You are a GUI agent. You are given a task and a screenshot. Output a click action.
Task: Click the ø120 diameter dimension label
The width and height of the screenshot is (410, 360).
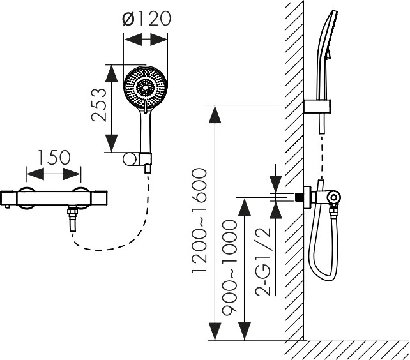coord(147,19)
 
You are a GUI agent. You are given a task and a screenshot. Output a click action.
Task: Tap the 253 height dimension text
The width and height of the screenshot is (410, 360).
coord(100,105)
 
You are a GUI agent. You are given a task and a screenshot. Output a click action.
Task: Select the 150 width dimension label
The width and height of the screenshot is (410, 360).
coord(54,158)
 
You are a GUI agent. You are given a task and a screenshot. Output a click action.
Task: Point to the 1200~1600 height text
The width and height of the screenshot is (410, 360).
coord(199,221)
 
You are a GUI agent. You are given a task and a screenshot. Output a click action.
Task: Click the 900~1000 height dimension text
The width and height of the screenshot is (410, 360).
coord(229,266)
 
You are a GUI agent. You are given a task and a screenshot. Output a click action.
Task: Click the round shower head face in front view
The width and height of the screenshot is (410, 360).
coord(145,88)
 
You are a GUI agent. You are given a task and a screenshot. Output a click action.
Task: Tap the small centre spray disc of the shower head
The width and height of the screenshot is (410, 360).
coord(145,87)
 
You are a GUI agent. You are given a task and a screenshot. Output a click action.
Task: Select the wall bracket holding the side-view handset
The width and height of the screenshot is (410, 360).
coord(317,107)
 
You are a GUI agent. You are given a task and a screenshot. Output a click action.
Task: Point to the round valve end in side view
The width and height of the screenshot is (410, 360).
coord(334,197)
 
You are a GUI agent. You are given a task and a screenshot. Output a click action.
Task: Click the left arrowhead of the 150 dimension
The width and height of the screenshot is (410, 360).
coord(35,174)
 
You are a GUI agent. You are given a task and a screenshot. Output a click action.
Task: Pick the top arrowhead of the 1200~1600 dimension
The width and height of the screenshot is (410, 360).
coord(215,114)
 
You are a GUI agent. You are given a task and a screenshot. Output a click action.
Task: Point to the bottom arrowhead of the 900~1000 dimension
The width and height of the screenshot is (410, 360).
coord(244,331)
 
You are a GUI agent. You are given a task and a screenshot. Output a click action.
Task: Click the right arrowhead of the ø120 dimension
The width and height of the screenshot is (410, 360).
coord(159,40)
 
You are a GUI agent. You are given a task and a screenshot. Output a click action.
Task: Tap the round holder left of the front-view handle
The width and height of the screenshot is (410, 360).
coord(130,160)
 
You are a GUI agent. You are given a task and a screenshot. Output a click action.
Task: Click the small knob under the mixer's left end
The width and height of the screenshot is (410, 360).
coord(8,207)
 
